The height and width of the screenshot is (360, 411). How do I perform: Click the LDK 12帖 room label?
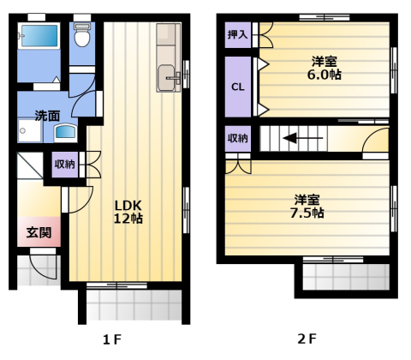(129, 211)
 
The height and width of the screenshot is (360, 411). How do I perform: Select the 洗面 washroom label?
(47, 115)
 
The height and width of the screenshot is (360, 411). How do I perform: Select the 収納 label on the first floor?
(65, 164)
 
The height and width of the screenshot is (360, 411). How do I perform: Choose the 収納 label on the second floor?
(238, 138)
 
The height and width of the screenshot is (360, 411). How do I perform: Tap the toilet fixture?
(82, 37)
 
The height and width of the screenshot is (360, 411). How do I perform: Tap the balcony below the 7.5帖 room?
(345, 276)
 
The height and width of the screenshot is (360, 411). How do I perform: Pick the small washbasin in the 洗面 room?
(65, 133)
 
